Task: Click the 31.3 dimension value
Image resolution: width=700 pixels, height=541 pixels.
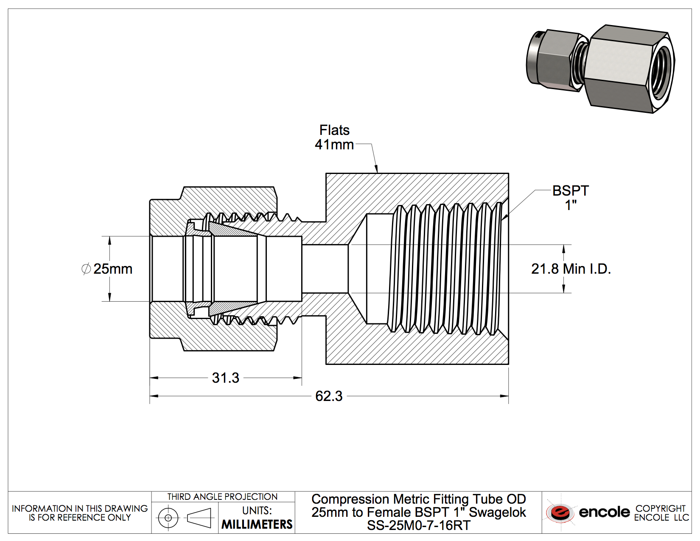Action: tap(225, 378)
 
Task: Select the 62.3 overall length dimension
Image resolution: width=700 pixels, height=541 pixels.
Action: tap(329, 396)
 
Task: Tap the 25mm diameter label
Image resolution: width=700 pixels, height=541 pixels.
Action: tap(113, 269)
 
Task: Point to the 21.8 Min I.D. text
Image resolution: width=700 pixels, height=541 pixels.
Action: tap(571, 269)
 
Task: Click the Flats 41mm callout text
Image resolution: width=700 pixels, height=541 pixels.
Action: tap(334, 137)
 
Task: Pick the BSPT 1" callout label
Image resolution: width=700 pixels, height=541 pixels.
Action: tap(571, 198)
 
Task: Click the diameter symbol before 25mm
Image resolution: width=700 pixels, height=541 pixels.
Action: tap(86, 269)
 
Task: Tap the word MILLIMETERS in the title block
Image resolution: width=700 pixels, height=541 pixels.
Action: tap(257, 524)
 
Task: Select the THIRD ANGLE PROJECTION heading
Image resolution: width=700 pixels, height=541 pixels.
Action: tap(222, 496)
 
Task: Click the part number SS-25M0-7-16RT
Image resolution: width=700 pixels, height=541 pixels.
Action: tap(419, 526)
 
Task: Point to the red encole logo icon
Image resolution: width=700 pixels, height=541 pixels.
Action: tap(560, 512)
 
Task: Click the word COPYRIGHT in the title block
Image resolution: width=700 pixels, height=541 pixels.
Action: tap(660, 508)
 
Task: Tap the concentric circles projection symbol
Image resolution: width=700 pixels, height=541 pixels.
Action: tap(168, 518)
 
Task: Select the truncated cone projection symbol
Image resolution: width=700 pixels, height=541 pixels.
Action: tap(199, 518)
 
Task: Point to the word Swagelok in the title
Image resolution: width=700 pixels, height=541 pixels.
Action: tap(497, 513)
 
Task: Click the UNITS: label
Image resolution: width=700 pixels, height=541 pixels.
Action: tap(257, 510)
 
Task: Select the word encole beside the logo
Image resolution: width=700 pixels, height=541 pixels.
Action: tap(604, 512)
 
